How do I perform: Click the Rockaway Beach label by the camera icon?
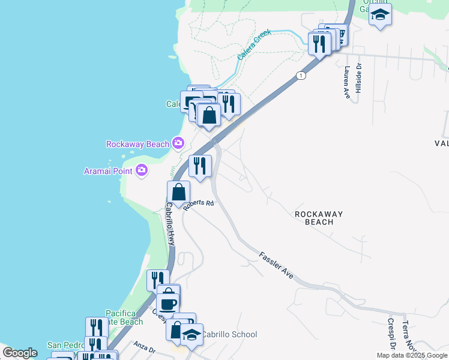[137, 144]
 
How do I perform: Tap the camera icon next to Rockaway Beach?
[178, 143]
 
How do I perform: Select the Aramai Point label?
[109, 171]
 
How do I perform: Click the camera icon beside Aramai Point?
[142, 170]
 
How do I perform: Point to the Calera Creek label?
[255, 44]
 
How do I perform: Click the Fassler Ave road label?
[276, 265]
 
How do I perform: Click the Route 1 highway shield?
[301, 75]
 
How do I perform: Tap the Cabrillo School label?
[229, 334]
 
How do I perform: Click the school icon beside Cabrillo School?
[191, 335]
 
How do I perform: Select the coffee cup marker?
[168, 301]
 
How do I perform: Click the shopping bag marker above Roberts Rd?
[179, 192]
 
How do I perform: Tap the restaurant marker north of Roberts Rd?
[200, 165]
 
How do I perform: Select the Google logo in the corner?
[20, 353]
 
